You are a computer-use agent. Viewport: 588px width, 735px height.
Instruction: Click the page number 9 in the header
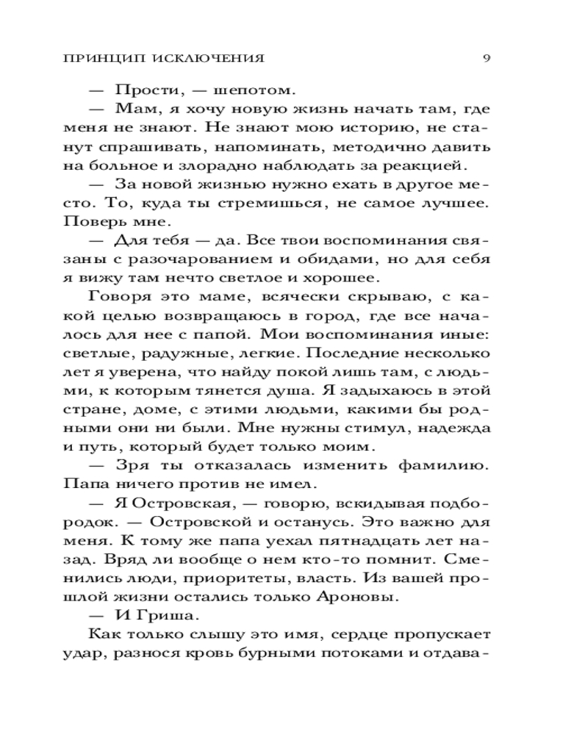487,58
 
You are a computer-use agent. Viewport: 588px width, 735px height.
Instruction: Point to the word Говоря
118,297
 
